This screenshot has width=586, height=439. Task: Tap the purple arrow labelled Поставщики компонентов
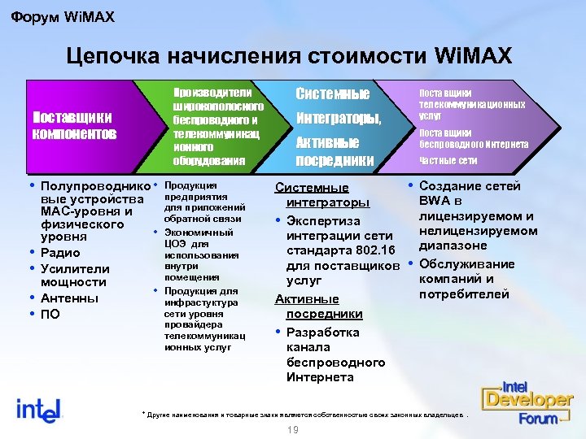73,124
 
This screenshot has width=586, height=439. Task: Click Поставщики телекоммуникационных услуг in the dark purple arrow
471,105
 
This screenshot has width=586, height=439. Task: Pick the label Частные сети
448,159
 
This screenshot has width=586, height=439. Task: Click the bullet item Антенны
69,298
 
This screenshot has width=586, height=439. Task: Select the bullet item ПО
50,315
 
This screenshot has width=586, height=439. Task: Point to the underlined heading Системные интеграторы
321,195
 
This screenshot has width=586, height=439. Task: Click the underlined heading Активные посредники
318,307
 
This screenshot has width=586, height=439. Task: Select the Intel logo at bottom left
39,408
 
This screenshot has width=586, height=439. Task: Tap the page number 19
292,429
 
